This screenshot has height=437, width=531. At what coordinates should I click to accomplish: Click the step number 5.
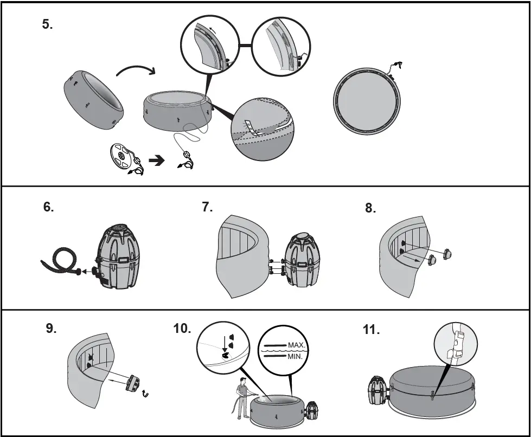pos(47,25)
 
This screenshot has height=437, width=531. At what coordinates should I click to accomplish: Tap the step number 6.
pos(48,207)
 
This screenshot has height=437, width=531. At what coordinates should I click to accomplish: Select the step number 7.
pos(207,207)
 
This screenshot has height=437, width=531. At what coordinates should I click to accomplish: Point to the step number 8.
pos(370,209)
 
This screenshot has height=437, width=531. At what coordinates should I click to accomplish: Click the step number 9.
pos(51,329)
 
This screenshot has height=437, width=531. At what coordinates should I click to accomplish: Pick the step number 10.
pos(181,329)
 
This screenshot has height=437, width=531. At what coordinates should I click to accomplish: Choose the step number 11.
pos(372,330)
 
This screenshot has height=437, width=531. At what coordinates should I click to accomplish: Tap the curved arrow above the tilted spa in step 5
pos(136,70)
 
